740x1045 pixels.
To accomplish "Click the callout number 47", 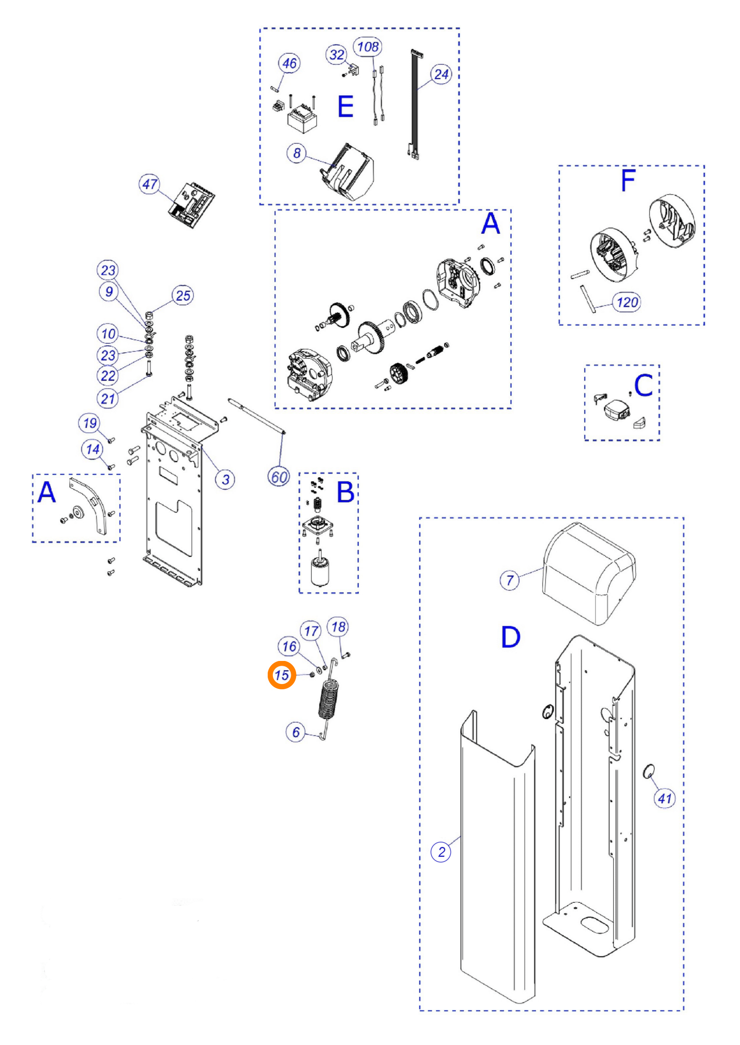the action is coord(149,184).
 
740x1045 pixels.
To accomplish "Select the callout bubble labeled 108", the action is coord(368,47).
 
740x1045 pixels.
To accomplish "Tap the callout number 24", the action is coord(441,74).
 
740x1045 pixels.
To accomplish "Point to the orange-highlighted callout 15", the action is coord(282,675).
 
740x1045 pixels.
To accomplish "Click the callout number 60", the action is coord(279,477).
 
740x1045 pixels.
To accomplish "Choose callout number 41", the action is coord(664,798).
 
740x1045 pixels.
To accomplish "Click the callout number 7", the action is coord(510,580).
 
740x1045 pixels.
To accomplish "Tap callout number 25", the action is coord(183,295).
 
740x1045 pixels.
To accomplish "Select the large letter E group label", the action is coord(345,107).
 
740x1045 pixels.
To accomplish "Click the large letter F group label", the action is coord(629,180).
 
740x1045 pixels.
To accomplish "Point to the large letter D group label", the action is coord(510,637).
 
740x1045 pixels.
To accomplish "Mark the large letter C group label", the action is coord(643,385).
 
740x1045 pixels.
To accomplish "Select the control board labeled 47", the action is coord(192,205).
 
